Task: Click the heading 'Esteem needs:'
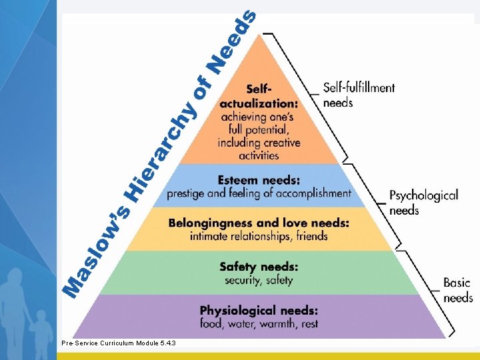click(259, 180)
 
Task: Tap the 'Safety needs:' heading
click(259, 267)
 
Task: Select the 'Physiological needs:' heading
click(259, 311)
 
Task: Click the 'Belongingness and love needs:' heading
click(259, 223)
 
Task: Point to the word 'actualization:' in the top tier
click(259, 103)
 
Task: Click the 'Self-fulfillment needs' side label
click(359, 95)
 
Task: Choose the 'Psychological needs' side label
click(423, 203)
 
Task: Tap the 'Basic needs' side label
click(457, 290)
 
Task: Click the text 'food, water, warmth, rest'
click(259, 324)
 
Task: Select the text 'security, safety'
click(259, 280)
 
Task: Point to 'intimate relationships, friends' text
click(259, 236)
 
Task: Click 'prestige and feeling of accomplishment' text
click(259, 193)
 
